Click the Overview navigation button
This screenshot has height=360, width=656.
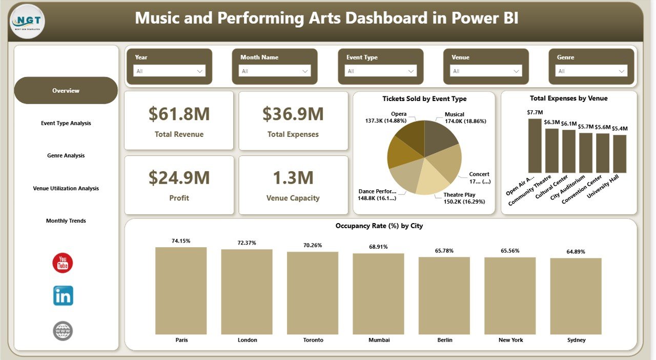coord(66,91)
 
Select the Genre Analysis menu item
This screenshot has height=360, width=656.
coord(66,155)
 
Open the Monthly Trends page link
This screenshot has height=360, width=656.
coord(66,221)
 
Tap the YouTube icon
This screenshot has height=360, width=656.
coord(63,263)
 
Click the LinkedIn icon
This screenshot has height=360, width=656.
coord(63,296)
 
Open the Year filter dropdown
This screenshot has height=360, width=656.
coord(169,71)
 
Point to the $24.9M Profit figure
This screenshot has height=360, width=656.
coord(179,178)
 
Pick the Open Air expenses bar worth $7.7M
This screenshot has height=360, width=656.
coord(535,146)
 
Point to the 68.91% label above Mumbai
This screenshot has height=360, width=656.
coord(378,247)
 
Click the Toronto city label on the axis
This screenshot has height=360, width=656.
coord(313,340)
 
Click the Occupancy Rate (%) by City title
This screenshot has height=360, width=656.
coord(379,226)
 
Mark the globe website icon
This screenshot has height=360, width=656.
coord(63,331)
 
